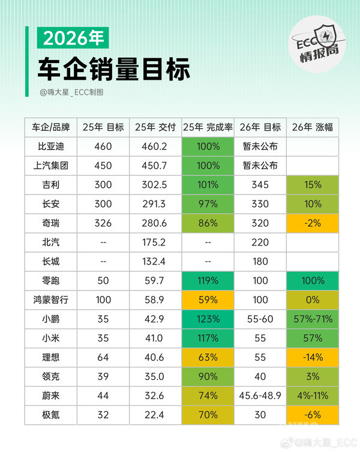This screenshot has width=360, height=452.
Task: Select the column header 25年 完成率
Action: tap(207, 127)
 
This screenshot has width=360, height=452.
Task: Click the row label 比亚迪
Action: tap(50, 146)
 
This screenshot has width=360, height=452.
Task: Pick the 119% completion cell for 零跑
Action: tap(207, 280)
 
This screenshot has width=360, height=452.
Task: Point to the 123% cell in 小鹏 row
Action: tap(207, 319)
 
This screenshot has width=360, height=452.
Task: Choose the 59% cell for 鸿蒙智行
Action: tap(207, 300)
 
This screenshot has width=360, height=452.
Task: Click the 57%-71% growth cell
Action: tap(311, 319)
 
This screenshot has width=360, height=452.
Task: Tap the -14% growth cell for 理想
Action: tap(311, 357)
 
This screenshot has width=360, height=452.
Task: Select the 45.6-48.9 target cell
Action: tap(260, 396)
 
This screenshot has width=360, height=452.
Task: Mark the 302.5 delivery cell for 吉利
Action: tap(155, 184)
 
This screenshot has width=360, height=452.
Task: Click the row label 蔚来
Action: tap(50, 396)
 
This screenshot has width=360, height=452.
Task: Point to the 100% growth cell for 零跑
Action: tap(311, 280)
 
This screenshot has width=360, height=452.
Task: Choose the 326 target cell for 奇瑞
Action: tap(103, 223)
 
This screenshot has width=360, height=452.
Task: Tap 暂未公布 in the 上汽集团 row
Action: tap(260, 165)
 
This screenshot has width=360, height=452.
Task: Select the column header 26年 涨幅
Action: tap(311, 127)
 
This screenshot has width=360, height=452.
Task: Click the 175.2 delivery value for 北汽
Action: tap(155, 242)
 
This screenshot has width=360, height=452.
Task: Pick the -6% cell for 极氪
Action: tap(311, 415)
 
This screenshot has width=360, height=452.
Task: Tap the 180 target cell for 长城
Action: tap(260, 261)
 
